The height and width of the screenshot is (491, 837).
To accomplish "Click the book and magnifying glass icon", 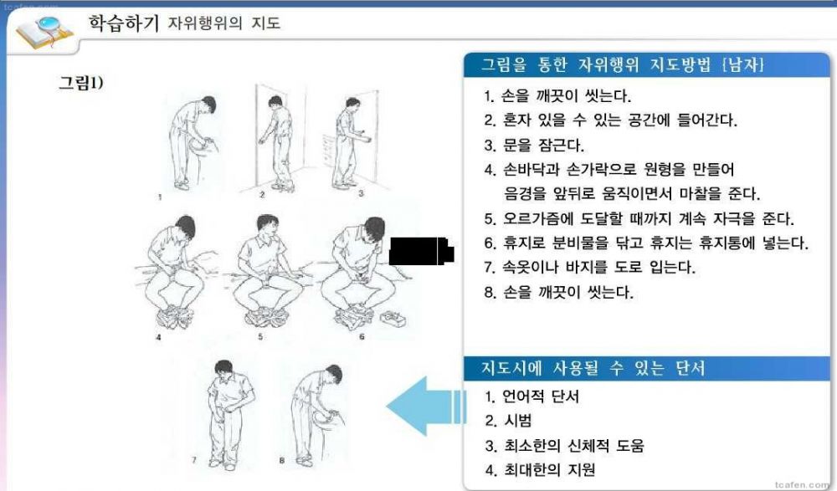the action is (44, 32).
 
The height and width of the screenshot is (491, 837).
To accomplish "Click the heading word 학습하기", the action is (123, 23).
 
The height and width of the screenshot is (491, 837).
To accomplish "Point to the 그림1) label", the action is (80, 83).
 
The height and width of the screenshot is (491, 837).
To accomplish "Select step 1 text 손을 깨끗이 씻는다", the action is (557, 96).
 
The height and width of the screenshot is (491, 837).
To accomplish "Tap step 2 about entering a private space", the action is (611, 120).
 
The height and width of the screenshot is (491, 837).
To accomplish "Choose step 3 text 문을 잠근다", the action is (534, 146).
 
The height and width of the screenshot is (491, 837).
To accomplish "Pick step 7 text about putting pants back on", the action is (590, 267).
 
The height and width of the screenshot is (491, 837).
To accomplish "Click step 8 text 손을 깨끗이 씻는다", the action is (558, 293).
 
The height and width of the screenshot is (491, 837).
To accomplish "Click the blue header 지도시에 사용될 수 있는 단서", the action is (593, 368).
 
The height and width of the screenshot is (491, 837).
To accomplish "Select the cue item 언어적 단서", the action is (531, 396).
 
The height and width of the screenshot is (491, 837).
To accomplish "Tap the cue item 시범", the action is (508, 421).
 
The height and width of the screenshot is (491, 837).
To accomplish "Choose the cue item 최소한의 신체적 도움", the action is (564, 445).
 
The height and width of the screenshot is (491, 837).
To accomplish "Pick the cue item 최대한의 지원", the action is (540, 469).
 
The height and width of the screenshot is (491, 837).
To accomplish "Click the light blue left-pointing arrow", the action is (424, 407).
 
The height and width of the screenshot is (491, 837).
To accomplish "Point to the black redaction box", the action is (421, 251).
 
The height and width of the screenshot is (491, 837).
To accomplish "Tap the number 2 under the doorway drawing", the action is (262, 195).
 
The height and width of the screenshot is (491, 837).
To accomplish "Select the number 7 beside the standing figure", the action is (194, 460).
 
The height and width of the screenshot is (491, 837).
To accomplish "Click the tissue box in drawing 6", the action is (393, 319).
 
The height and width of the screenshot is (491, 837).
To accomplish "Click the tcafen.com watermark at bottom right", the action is (803, 484).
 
